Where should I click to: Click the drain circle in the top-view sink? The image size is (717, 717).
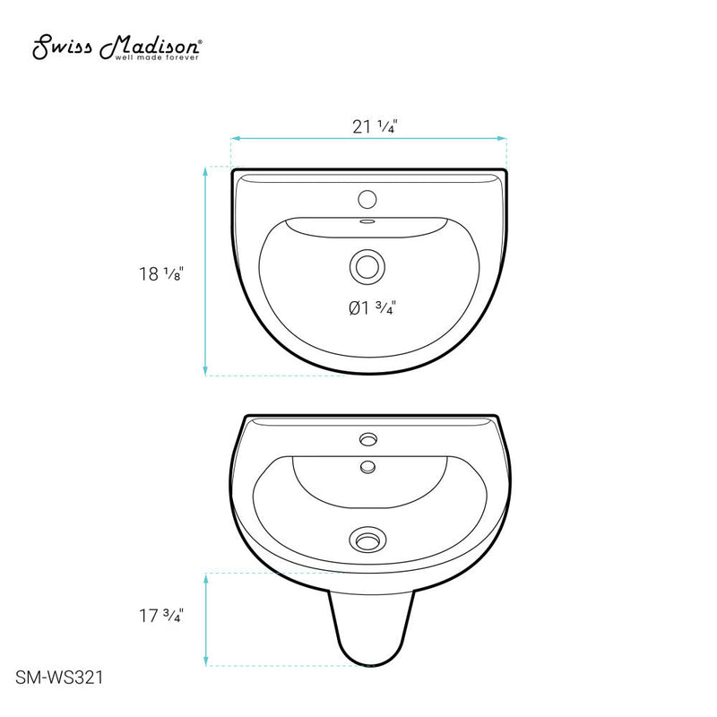pyautogui.click(x=367, y=265)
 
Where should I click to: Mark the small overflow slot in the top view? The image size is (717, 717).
pyautogui.click(x=367, y=222)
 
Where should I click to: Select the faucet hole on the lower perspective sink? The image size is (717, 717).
pyautogui.click(x=367, y=439)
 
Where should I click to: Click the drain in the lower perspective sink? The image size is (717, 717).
pyautogui.click(x=367, y=540)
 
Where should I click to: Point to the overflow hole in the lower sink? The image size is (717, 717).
pyautogui.click(x=367, y=465)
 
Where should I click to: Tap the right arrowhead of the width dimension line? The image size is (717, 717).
pyautogui.click(x=505, y=138)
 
